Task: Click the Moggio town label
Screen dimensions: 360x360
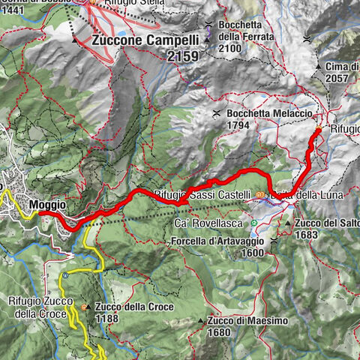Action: [48, 204]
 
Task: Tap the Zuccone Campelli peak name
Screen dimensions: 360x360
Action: [139, 42]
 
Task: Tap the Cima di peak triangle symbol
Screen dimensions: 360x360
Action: [319, 67]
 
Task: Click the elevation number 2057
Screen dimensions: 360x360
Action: [338, 77]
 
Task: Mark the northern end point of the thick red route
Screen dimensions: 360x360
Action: [318, 130]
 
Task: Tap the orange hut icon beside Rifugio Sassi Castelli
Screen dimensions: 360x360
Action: [259, 196]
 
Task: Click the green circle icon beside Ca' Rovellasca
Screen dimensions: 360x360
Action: [254, 223]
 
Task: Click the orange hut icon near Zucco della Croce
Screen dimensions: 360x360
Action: [84, 307]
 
